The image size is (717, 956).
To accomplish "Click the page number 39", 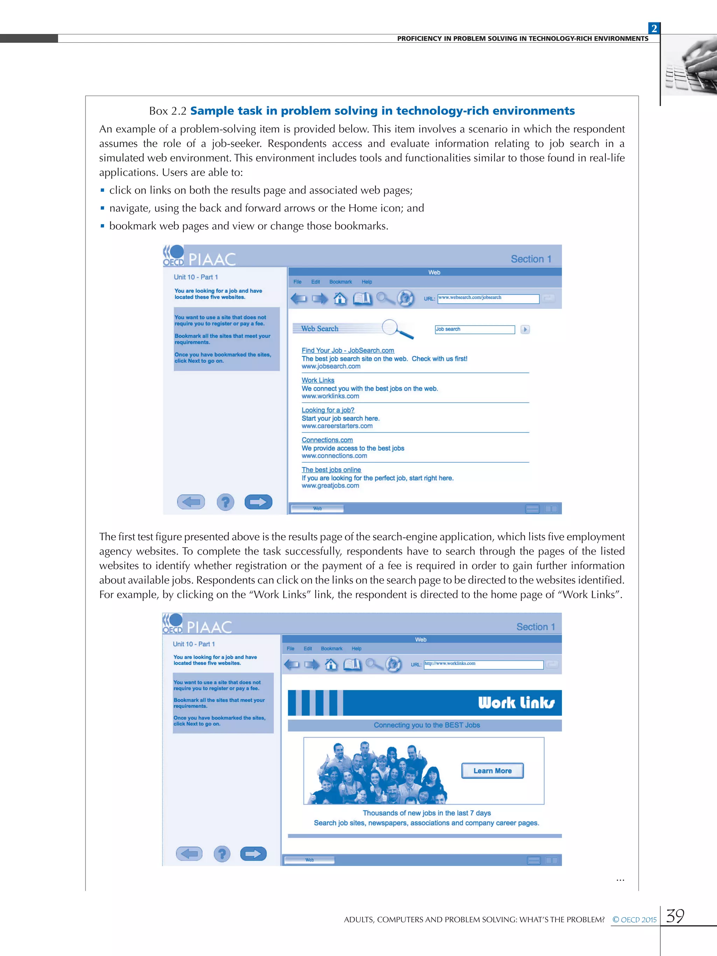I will [x=675, y=916].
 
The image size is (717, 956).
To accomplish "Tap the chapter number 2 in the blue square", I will [x=654, y=28].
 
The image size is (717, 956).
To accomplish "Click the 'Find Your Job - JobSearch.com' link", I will [x=348, y=350].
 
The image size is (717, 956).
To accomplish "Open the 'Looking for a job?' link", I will [x=328, y=410].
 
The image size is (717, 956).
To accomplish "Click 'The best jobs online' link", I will [x=331, y=470].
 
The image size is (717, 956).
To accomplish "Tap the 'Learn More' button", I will [x=492, y=771].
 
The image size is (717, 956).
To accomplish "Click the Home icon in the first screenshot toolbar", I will [x=340, y=299].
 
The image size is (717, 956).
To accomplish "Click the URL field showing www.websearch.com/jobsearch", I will [x=488, y=298].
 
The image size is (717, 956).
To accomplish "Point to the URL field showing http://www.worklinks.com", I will [x=483, y=664].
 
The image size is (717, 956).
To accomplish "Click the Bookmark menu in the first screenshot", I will [x=341, y=282].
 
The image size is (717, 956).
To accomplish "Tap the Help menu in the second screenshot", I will [x=356, y=649].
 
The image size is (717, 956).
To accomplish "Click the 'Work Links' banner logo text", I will [x=516, y=703].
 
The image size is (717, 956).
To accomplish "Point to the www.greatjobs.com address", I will [x=330, y=486].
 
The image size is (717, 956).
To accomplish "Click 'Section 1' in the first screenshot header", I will [x=531, y=259].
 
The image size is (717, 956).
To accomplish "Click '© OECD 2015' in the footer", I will [x=634, y=920].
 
